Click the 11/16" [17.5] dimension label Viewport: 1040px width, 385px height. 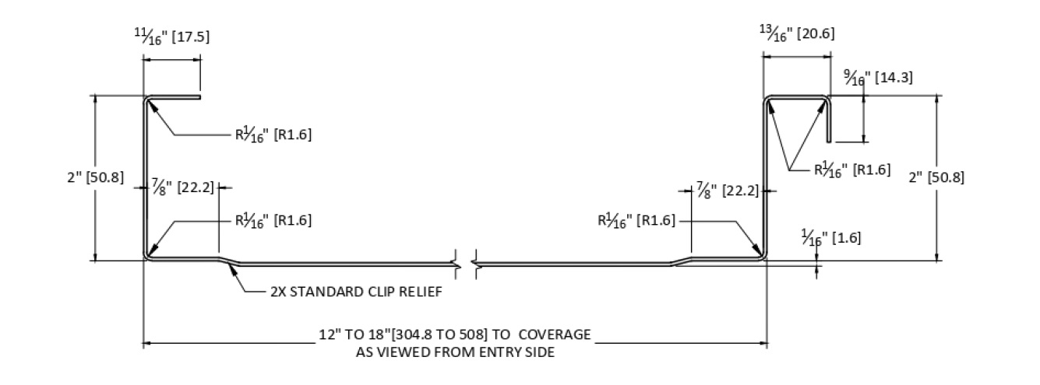coord(172,37)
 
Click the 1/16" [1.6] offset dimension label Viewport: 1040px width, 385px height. coord(831,236)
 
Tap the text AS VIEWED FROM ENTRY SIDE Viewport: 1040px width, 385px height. coord(454,352)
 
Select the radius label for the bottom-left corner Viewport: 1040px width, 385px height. coord(273,220)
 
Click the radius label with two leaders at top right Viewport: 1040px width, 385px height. coord(852,170)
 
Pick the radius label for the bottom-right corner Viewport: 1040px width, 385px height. coord(636,220)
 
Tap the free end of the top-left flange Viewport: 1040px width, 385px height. coord(199,98)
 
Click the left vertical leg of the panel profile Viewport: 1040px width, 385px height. coord(145,179)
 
